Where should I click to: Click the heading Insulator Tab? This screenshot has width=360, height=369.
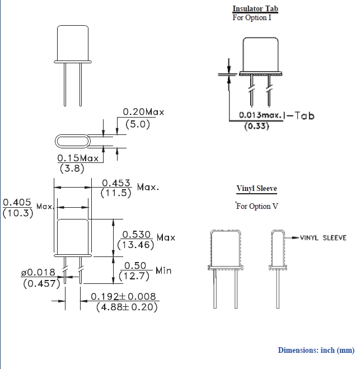255,9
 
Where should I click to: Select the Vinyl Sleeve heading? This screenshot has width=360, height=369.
256,189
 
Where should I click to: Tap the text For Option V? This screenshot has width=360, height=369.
257,206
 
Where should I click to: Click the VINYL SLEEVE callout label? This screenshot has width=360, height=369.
323,237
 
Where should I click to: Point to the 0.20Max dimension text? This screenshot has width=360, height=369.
144,112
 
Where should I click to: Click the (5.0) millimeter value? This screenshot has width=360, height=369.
138,124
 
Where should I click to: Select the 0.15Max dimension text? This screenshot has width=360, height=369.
78,158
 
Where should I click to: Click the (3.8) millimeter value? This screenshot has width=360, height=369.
72,169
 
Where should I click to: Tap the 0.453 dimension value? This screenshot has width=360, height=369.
116,183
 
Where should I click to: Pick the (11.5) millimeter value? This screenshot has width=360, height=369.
116,193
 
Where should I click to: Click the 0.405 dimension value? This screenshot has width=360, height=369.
17,202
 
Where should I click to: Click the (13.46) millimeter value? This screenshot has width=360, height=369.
136,245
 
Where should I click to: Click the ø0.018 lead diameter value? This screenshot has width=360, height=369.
38,273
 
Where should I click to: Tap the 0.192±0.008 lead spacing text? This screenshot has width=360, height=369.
126,297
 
